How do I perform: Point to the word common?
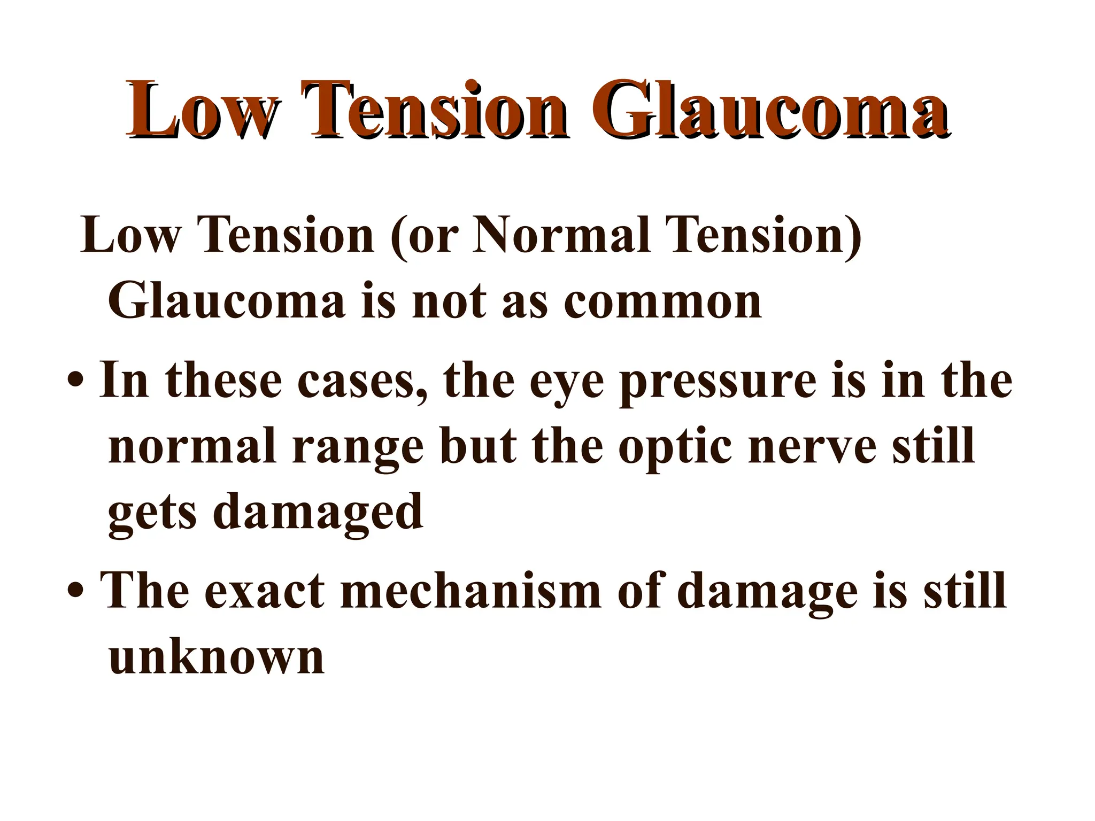pyautogui.click(x=663, y=301)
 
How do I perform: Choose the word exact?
pyautogui.click(x=264, y=591)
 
